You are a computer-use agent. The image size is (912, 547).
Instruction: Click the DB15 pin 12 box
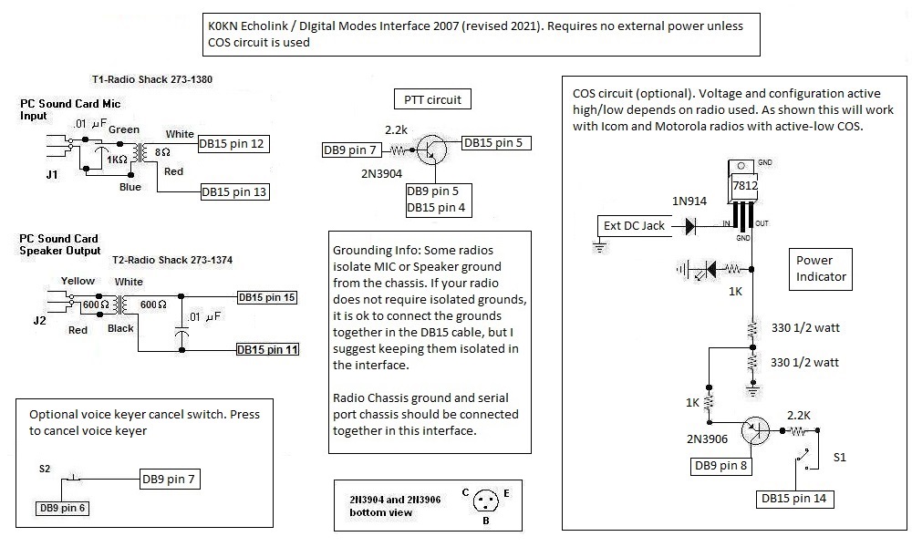pyautogui.click(x=233, y=144)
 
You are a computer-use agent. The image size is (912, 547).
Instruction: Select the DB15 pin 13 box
pyautogui.click(x=233, y=192)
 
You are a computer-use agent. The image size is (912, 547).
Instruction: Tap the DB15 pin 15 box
pyautogui.click(x=267, y=297)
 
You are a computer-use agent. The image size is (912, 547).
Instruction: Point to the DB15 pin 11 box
pyautogui.click(x=267, y=349)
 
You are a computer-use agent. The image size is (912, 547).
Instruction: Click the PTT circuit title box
pyautogui.click(x=432, y=98)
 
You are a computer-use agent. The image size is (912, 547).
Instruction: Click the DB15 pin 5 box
pyautogui.click(x=496, y=142)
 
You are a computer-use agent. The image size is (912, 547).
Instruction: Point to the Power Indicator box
pyautogui.click(x=821, y=268)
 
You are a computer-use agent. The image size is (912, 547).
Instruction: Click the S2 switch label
pyautogui.click(x=46, y=469)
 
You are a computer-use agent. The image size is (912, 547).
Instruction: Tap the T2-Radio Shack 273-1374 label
pyautogui.click(x=171, y=260)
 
